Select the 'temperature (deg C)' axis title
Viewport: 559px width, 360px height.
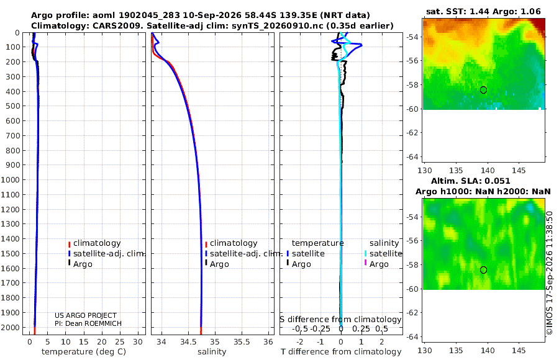tap(84, 352)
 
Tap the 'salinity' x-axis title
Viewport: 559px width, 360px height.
tap(212, 352)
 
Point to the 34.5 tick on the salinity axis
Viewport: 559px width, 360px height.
tap(188, 342)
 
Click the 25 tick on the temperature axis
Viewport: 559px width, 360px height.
tap(120, 342)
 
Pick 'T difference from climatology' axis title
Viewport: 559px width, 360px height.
tap(341, 352)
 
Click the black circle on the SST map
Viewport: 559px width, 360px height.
tap(483, 90)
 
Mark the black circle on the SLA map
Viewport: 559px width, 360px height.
tap(483, 270)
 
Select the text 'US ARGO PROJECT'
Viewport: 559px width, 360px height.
tap(86, 315)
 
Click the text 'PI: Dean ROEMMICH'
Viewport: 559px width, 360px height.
tap(88, 323)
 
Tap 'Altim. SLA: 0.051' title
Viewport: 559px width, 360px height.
tap(471, 181)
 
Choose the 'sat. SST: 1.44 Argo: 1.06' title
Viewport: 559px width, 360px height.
tap(483, 11)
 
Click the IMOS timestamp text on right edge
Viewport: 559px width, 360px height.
tap(550, 273)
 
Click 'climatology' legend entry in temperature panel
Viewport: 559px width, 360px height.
tap(97, 243)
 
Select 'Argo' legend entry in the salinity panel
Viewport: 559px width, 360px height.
tap(219, 264)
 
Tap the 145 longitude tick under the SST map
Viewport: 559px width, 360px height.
tap(519, 171)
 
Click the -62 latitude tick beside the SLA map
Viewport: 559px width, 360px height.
tap(413, 313)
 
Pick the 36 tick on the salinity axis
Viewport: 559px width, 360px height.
tap(268, 342)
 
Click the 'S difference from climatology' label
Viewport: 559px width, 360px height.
tap(340, 320)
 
